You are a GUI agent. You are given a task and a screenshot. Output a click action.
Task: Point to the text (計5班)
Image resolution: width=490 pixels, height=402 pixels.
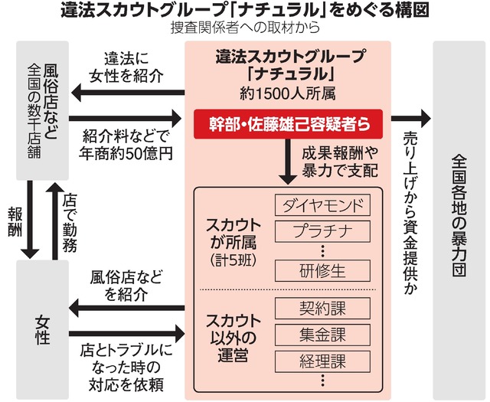click(234, 260)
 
